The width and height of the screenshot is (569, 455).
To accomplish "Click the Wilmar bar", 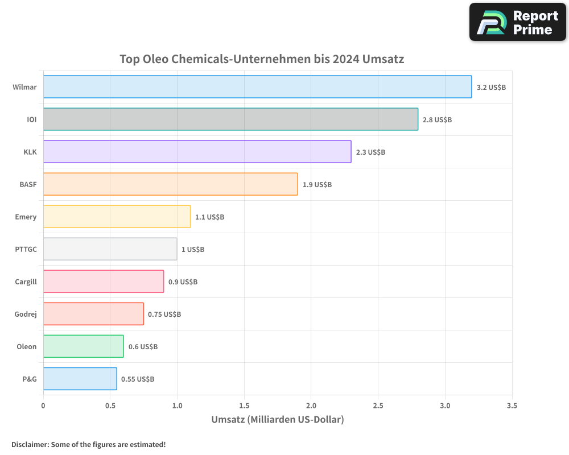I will click(257, 87).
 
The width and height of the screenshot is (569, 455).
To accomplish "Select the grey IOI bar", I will click(230, 119).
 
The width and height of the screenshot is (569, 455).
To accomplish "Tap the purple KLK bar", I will click(197, 152).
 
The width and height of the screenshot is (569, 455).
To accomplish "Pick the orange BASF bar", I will click(170, 184).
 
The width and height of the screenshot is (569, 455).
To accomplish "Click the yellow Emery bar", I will click(117, 217).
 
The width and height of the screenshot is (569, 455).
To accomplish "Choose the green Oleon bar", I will click(83, 346).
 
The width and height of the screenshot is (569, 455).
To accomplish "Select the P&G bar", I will click(80, 379).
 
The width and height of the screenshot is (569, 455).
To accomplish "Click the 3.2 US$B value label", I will click(491, 88).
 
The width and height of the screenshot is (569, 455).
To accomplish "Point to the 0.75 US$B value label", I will click(164, 314).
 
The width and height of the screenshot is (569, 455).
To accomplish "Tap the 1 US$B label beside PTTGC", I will click(193, 249).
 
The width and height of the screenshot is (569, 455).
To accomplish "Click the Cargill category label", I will click(26, 282).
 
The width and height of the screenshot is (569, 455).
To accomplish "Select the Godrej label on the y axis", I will click(26, 314).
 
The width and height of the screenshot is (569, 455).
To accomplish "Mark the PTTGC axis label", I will click(26, 249).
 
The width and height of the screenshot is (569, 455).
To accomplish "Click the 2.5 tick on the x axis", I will click(378, 406).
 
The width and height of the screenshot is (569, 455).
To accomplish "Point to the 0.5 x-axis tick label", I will click(110, 406).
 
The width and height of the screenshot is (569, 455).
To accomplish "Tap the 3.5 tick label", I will click(512, 406).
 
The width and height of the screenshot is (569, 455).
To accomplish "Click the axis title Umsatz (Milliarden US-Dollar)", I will click(278, 420).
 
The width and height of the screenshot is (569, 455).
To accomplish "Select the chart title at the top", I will click(262, 59).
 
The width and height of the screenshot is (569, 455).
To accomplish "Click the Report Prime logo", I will click(517, 22).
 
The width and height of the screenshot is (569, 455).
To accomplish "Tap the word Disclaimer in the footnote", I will click(29, 445).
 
